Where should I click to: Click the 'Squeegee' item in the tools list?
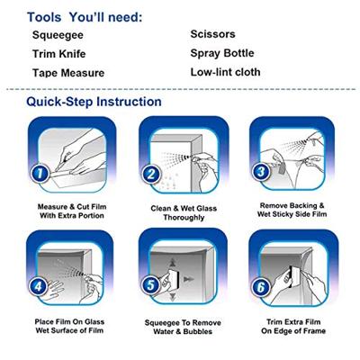[58, 35]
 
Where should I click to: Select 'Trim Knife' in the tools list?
[59, 54]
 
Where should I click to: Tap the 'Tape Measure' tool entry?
[68, 73]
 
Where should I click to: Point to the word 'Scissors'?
[212, 34]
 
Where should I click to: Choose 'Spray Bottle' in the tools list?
[222, 53]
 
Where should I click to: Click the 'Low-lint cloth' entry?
[225, 72]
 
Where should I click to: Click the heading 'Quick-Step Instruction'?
[94, 102]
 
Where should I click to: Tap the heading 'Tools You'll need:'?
[85, 17]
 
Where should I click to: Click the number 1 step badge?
[40, 173]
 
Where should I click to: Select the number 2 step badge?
[151, 175]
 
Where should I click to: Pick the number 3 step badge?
[262, 172]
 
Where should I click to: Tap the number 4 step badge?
[38, 286]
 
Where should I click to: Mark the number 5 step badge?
[150, 285]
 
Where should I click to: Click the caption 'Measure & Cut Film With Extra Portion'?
[72, 211]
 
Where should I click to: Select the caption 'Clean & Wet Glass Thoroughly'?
[184, 212]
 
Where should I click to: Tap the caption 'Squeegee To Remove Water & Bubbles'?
[183, 328]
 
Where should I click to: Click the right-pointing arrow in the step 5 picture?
[189, 279]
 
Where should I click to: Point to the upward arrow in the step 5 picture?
[172, 263]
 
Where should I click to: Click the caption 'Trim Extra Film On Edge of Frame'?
[293, 327]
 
